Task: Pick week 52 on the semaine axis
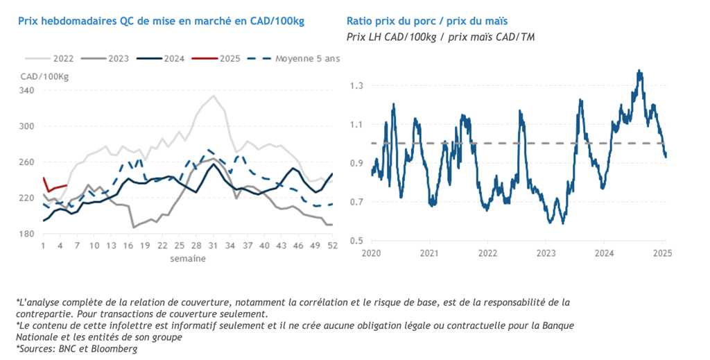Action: pyautogui.click(x=331, y=246)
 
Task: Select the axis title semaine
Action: pyautogui.click(x=187, y=258)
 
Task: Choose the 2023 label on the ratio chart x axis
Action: pyautogui.click(x=546, y=253)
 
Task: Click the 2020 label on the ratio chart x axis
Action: pyautogui.click(x=372, y=253)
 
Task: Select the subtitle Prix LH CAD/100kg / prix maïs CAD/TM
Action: pyautogui.click(x=440, y=37)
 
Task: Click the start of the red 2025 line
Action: pyautogui.click(x=44, y=178)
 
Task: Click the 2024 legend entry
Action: pyautogui.click(x=163, y=59)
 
